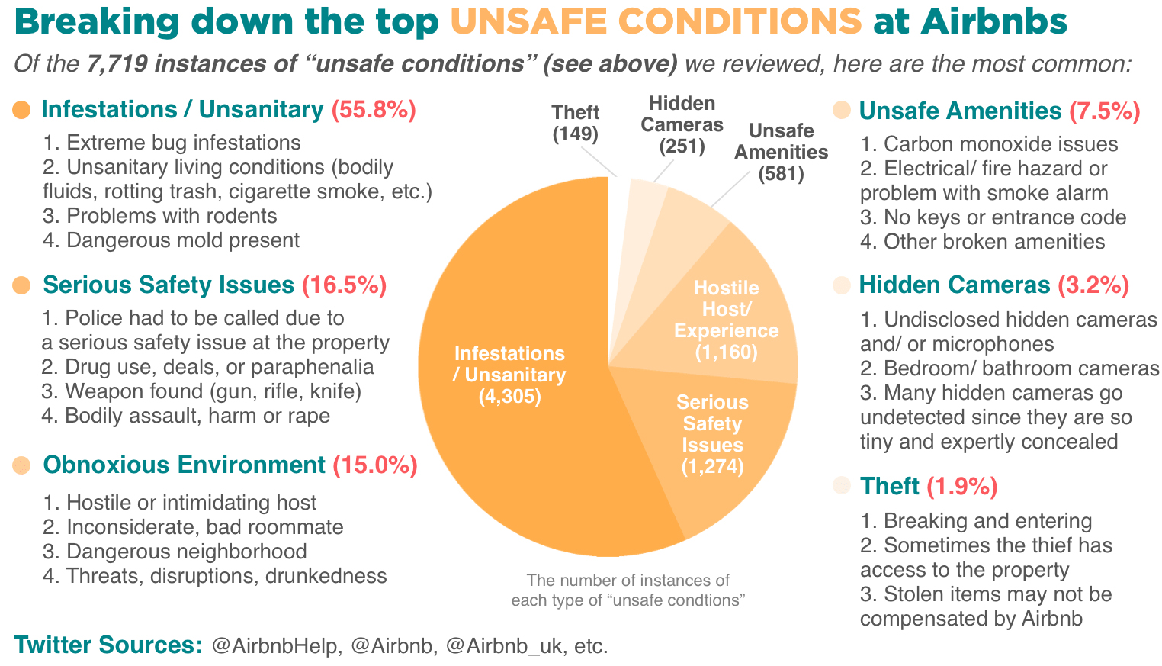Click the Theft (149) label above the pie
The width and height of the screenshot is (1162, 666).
click(575, 123)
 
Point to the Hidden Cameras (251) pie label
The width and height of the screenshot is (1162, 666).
click(682, 124)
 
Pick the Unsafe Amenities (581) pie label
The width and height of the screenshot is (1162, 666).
click(781, 152)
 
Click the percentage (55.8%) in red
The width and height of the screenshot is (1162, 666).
click(374, 110)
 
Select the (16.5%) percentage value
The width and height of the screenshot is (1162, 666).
click(345, 285)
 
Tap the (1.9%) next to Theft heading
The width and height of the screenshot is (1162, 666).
click(962, 487)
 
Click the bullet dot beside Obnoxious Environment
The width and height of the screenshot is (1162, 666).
click(21, 465)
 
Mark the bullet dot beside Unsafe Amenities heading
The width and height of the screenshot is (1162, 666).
click(842, 111)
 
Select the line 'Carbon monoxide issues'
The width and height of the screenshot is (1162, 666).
click(989, 144)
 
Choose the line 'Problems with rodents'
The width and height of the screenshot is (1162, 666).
click(160, 216)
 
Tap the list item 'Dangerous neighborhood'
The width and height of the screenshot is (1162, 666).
click(175, 552)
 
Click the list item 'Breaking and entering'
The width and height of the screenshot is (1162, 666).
click(976, 521)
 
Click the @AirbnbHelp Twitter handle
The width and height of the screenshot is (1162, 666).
click(276, 646)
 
